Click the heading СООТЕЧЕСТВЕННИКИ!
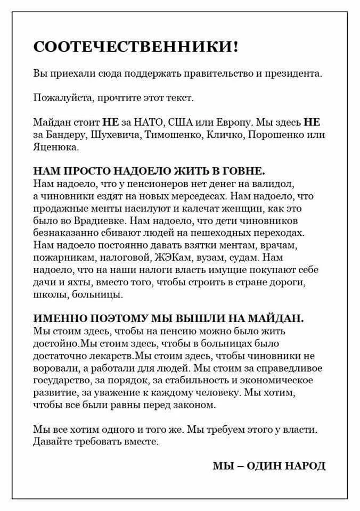pos(136,47)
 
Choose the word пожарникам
pos(59,258)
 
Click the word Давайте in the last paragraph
pos(51,441)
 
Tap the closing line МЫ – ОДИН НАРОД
pos(268,466)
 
